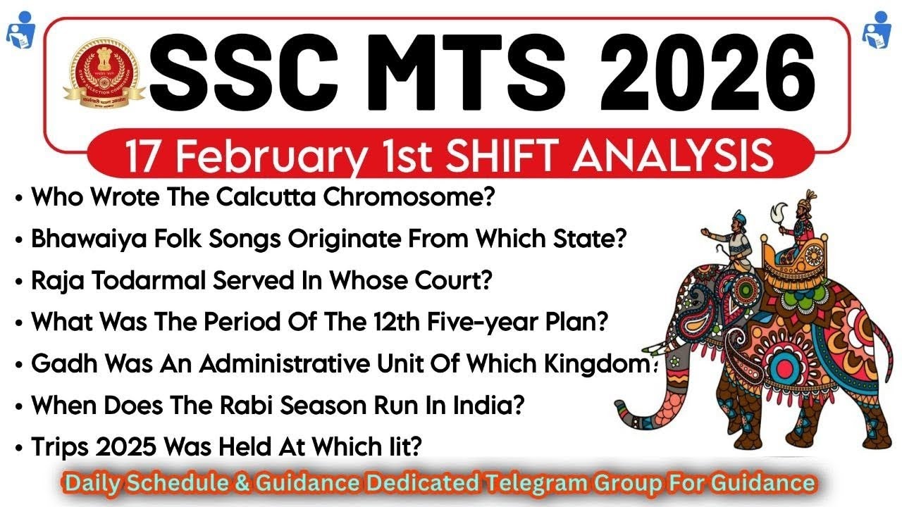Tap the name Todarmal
pyautogui.click(x=134, y=280)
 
